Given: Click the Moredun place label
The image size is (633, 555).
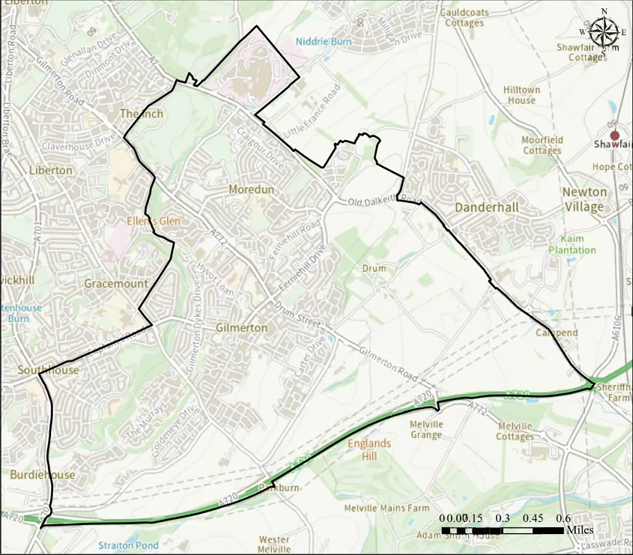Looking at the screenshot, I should point(251,189).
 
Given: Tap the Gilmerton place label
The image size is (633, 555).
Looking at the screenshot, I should point(241,328).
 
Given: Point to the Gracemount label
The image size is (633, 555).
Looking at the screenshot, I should point(115,284).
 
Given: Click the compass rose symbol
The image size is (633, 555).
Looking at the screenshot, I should point(604,31).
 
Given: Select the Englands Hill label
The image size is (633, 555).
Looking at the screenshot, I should point(369,449).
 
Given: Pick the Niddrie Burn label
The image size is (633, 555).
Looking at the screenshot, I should point(318,42).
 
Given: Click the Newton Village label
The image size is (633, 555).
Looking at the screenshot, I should point(584,199).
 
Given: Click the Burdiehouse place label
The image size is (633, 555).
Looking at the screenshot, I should point(42,475).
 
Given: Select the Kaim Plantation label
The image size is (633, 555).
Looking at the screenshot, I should point(572,244).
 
